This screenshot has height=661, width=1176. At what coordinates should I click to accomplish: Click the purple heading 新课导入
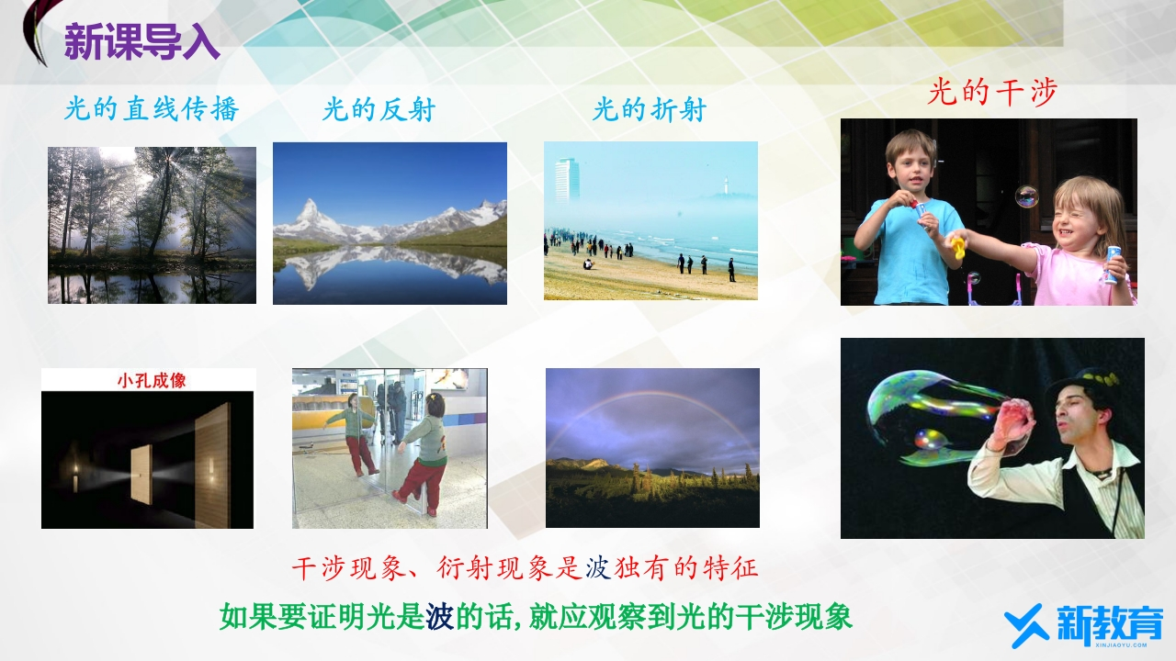(141, 42)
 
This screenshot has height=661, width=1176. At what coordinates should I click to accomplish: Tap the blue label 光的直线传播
(152, 109)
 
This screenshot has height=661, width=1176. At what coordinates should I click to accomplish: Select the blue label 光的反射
(379, 110)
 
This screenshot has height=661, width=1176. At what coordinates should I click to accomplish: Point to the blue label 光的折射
(650, 110)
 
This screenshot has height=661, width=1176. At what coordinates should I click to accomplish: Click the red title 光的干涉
(991, 93)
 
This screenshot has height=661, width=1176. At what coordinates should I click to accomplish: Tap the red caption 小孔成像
(152, 380)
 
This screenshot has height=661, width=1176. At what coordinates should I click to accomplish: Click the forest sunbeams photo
(152, 225)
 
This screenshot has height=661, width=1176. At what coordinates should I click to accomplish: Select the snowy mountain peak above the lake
(310, 215)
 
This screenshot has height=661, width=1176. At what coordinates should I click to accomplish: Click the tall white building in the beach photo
(568, 180)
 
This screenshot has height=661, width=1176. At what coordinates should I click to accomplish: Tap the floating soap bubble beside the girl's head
(1026, 196)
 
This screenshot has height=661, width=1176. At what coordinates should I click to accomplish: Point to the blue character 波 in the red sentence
(597, 568)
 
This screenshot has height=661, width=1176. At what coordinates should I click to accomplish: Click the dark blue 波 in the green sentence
(439, 617)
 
